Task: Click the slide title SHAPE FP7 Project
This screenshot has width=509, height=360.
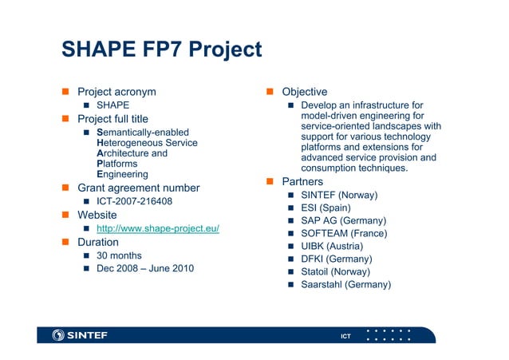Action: tap(161, 50)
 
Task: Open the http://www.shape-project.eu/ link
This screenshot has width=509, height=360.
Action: tap(157, 229)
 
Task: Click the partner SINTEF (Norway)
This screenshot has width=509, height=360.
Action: tap(339, 196)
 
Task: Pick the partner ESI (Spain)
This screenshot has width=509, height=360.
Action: tap(326, 208)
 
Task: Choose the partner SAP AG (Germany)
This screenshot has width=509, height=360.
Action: tap(344, 220)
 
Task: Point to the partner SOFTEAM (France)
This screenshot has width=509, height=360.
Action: tap(344, 233)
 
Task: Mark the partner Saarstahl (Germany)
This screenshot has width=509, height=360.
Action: tap(345, 284)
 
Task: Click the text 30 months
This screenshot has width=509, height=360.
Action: tap(119, 255)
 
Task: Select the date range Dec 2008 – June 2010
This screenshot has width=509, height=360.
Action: tap(144, 268)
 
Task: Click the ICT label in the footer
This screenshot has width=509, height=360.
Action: tap(345, 336)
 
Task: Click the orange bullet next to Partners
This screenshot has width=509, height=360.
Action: tap(270, 183)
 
